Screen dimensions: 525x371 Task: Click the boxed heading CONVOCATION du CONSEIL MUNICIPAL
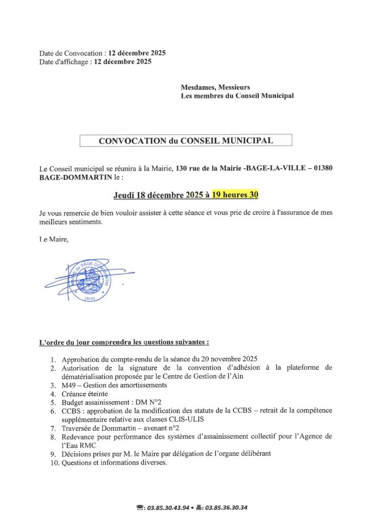coord(186,140)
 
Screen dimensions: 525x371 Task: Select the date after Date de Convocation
coord(137,53)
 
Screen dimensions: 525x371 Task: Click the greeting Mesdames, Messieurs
coord(216,87)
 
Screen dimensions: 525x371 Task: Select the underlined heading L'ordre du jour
coord(123,341)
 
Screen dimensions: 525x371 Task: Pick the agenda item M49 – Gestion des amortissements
coord(114,385)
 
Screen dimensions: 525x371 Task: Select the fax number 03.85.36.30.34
coord(226,508)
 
